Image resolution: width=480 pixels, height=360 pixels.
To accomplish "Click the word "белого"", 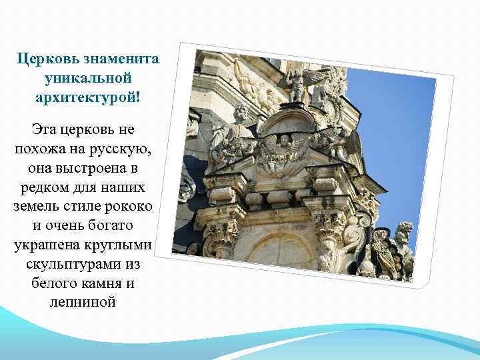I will click(x=58, y=283).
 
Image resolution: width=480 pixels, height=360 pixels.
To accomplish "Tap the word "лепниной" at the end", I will click(x=83, y=303).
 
